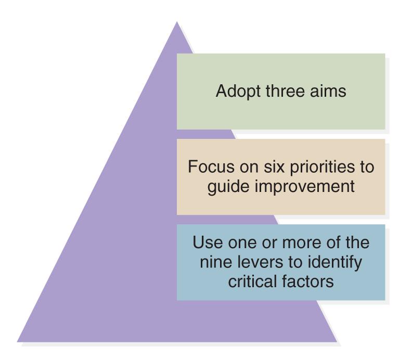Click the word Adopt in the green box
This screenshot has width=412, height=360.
click(x=238, y=92)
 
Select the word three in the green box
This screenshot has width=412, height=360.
click(x=286, y=91)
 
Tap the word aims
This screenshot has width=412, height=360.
click(x=328, y=91)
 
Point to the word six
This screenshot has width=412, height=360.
click(x=274, y=166)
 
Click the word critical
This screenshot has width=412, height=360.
click(x=253, y=281)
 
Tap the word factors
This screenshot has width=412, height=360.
click(x=308, y=281)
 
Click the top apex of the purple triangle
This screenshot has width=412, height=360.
click(x=177, y=22)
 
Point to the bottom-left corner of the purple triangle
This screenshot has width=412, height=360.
click(x=17, y=342)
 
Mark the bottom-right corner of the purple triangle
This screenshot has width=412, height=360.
click(x=337, y=342)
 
